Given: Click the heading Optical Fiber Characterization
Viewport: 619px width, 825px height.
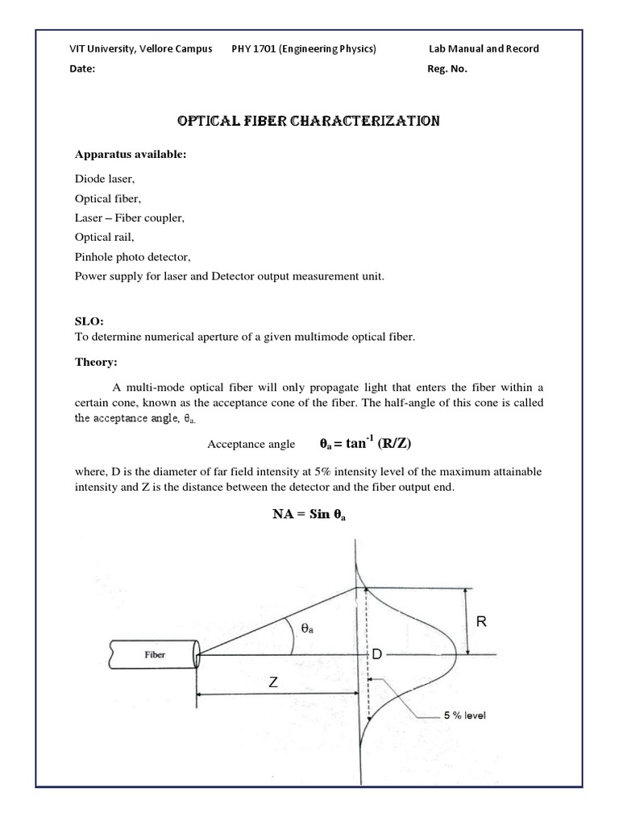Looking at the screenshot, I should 309,121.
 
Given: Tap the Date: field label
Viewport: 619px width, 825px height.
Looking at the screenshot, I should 82,68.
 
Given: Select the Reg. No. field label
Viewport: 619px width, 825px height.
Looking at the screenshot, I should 447,68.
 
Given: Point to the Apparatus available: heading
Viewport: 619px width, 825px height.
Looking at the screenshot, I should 131,155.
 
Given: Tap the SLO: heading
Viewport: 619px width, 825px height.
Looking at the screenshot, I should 89,321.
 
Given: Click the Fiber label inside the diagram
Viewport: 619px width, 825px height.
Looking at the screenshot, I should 156,655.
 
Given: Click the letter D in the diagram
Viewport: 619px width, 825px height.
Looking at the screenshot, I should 376,655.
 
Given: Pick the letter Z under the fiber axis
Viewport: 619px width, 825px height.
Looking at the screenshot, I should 273,682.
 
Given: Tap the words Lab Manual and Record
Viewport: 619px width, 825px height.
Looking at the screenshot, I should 484,48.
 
